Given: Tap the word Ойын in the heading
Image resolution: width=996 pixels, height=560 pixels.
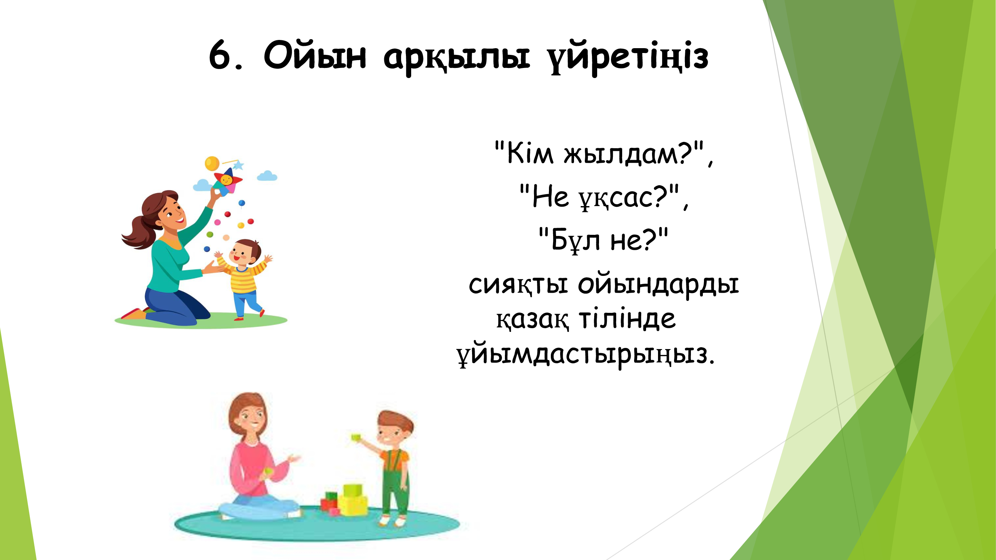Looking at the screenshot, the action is pos(315,55).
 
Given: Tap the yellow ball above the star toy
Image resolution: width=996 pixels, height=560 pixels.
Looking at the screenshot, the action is pos(212,164).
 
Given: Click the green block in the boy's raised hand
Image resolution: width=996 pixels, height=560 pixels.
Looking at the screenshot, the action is pos(356,437).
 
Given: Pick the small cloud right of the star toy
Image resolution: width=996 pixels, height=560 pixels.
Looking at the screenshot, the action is pos(267,176).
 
